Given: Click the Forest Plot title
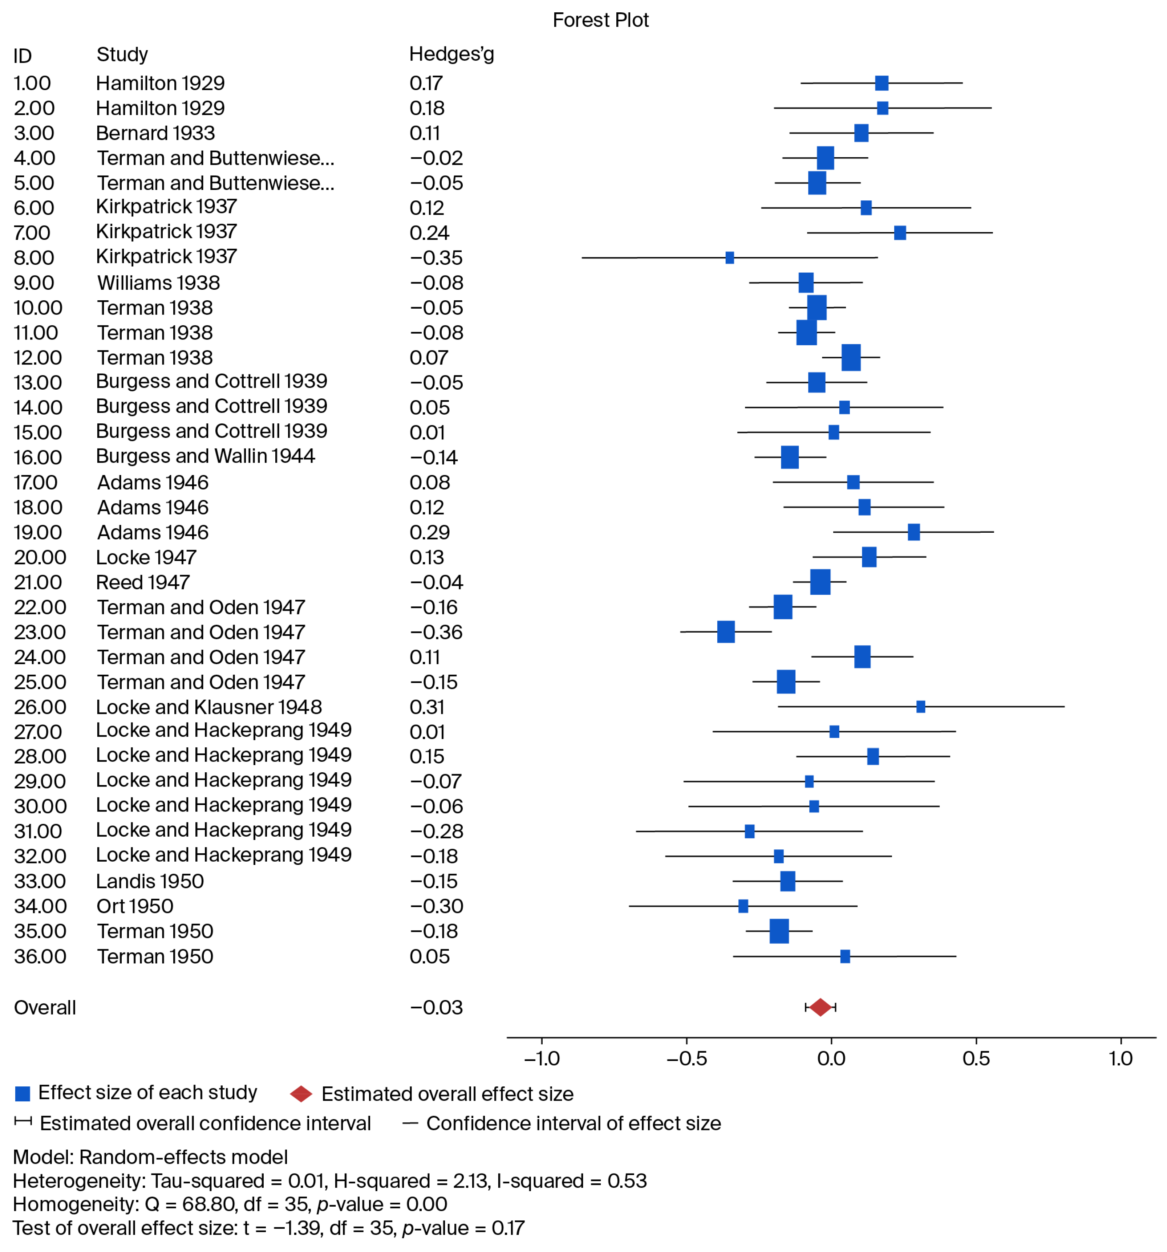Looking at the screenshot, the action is (600, 20).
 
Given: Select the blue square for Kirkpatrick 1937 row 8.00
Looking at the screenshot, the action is (729, 257).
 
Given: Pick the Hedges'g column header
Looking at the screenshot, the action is (451, 55).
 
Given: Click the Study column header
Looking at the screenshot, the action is (122, 55).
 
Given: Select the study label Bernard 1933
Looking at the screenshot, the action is (155, 133).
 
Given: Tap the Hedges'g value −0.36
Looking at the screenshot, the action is (437, 632).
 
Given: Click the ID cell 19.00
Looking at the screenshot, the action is (38, 532).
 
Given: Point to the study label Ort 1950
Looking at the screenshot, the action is (135, 906).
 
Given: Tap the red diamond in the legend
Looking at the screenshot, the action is (301, 1094).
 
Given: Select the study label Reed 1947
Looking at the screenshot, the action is (143, 582).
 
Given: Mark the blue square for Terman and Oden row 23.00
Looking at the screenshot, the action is (726, 632).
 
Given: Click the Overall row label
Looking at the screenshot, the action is (45, 1008).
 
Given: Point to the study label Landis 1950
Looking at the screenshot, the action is (150, 881).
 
